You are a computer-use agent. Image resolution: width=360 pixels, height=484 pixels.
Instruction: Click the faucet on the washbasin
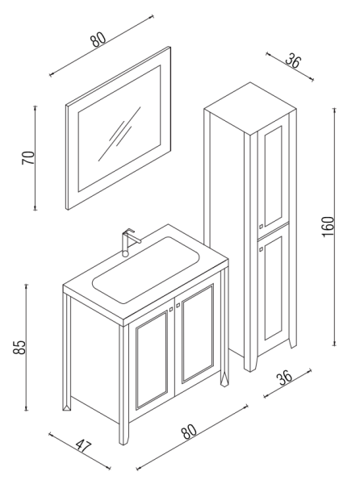(x=127, y=241)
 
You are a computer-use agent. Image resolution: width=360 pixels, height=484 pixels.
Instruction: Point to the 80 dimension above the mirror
(x=100, y=40)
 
